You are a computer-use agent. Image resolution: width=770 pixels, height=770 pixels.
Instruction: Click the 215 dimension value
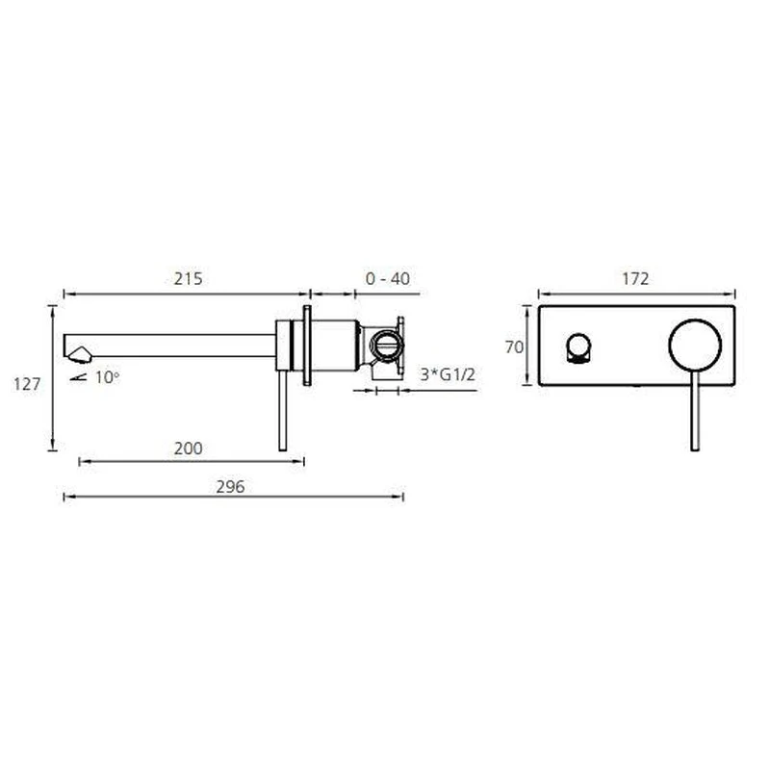point(188,279)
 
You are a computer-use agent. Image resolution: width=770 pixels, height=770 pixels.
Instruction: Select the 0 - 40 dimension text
point(388,279)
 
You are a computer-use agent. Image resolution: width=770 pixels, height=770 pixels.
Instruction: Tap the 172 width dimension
point(635,279)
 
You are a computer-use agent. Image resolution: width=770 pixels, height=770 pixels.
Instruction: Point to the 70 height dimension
point(514,347)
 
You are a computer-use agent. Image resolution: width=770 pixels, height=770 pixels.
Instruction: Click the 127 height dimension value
point(27,384)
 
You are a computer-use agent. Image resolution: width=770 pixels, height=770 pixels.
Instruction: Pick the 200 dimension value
point(188,449)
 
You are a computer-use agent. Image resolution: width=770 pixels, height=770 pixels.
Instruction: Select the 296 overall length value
point(230,487)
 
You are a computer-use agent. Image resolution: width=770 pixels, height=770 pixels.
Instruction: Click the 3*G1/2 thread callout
point(448,374)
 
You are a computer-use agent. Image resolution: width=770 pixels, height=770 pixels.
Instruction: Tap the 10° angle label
point(108,377)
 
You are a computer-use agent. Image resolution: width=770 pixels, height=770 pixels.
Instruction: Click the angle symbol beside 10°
point(79,377)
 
